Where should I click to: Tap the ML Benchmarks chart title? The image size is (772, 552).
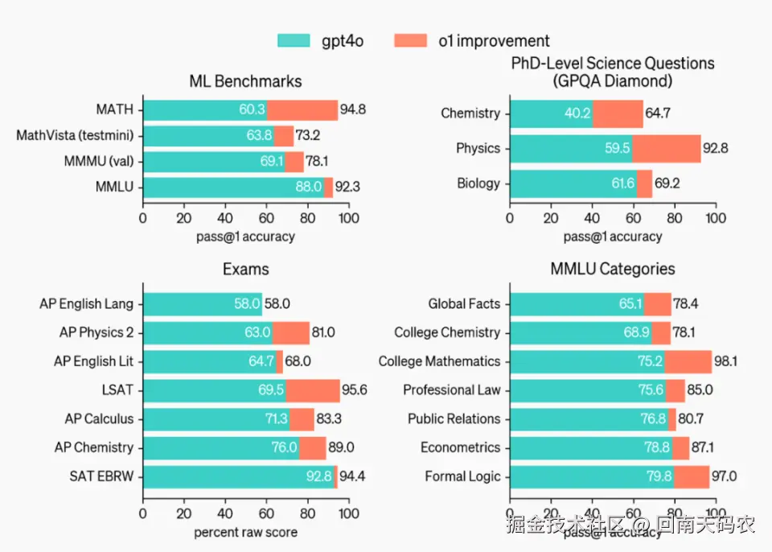(245, 81)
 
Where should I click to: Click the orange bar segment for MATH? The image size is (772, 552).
(302, 109)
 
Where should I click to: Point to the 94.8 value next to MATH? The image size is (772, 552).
(353, 109)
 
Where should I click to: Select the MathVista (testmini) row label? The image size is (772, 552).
(75, 135)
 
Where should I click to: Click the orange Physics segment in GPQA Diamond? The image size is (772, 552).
(666, 148)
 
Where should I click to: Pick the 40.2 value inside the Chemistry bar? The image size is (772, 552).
(577, 113)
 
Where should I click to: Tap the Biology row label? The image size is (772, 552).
(478, 183)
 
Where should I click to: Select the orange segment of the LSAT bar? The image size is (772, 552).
(313, 390)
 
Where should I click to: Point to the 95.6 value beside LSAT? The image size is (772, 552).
(355, 390)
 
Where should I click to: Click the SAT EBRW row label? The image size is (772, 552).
(101, 476)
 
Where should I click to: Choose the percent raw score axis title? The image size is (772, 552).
(245, 532)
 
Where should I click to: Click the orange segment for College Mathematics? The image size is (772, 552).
(688, 361)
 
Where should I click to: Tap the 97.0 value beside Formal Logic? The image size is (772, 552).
(727, 476)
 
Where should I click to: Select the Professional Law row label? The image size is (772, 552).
(451, 390)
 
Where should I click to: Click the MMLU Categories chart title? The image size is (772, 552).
(613, 270)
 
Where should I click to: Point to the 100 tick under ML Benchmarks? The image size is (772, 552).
(347, 218)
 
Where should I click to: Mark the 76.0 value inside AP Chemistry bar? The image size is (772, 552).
(284, 447)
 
